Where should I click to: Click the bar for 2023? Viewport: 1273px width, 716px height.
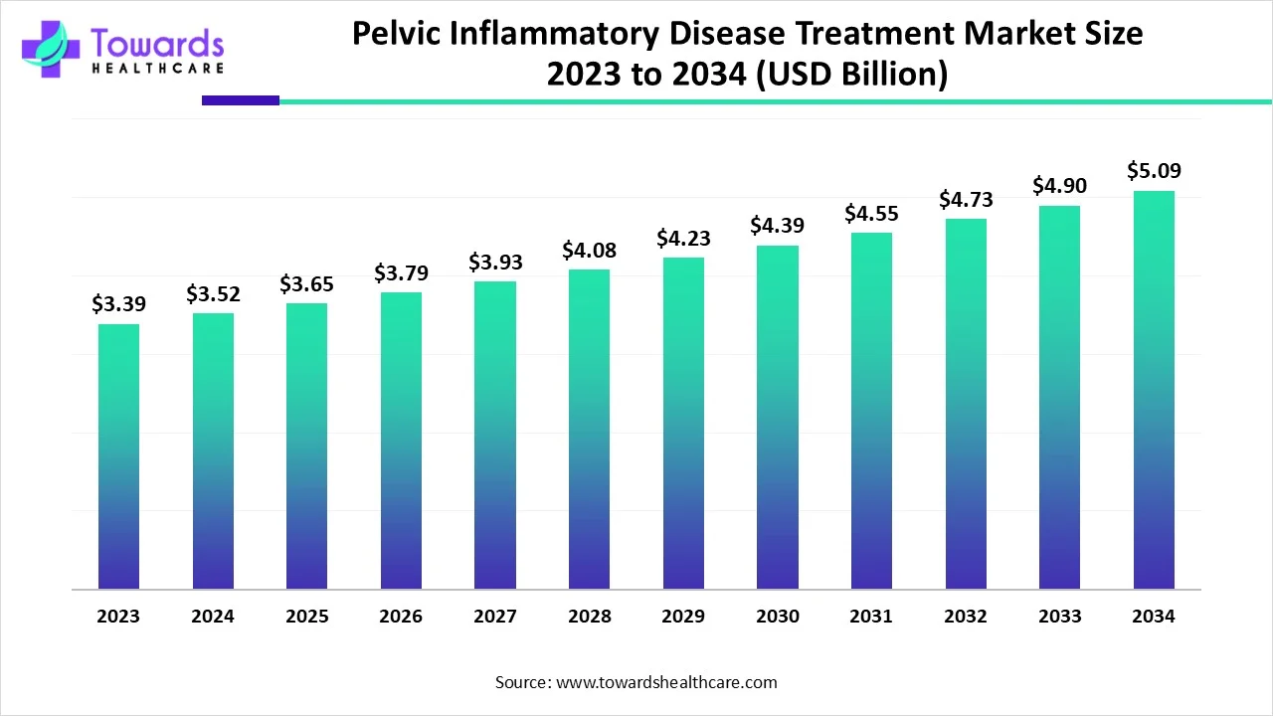pos(118,456)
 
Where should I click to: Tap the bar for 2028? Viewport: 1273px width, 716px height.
pos(589,429)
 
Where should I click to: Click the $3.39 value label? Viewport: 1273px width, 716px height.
pos(118,304)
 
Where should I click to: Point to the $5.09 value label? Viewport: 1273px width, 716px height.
pos(1154,171)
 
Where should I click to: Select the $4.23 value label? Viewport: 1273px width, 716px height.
pos(683,239)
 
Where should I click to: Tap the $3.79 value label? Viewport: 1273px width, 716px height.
pos(401,272)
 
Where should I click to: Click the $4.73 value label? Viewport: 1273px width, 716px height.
pos(966,200)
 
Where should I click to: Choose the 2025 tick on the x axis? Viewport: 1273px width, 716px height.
pos(306,617)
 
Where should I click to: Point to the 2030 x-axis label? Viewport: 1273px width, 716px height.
pos(777,617)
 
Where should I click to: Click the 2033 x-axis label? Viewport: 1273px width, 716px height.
pos(1059,617)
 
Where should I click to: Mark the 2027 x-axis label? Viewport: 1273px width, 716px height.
pos(495,617)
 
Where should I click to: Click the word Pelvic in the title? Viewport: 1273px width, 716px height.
pos(402,34)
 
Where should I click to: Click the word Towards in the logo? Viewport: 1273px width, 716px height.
pos(157,42)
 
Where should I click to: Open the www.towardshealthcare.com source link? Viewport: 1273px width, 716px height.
pos(666,682)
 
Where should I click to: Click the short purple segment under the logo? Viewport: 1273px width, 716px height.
pos(241,100)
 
